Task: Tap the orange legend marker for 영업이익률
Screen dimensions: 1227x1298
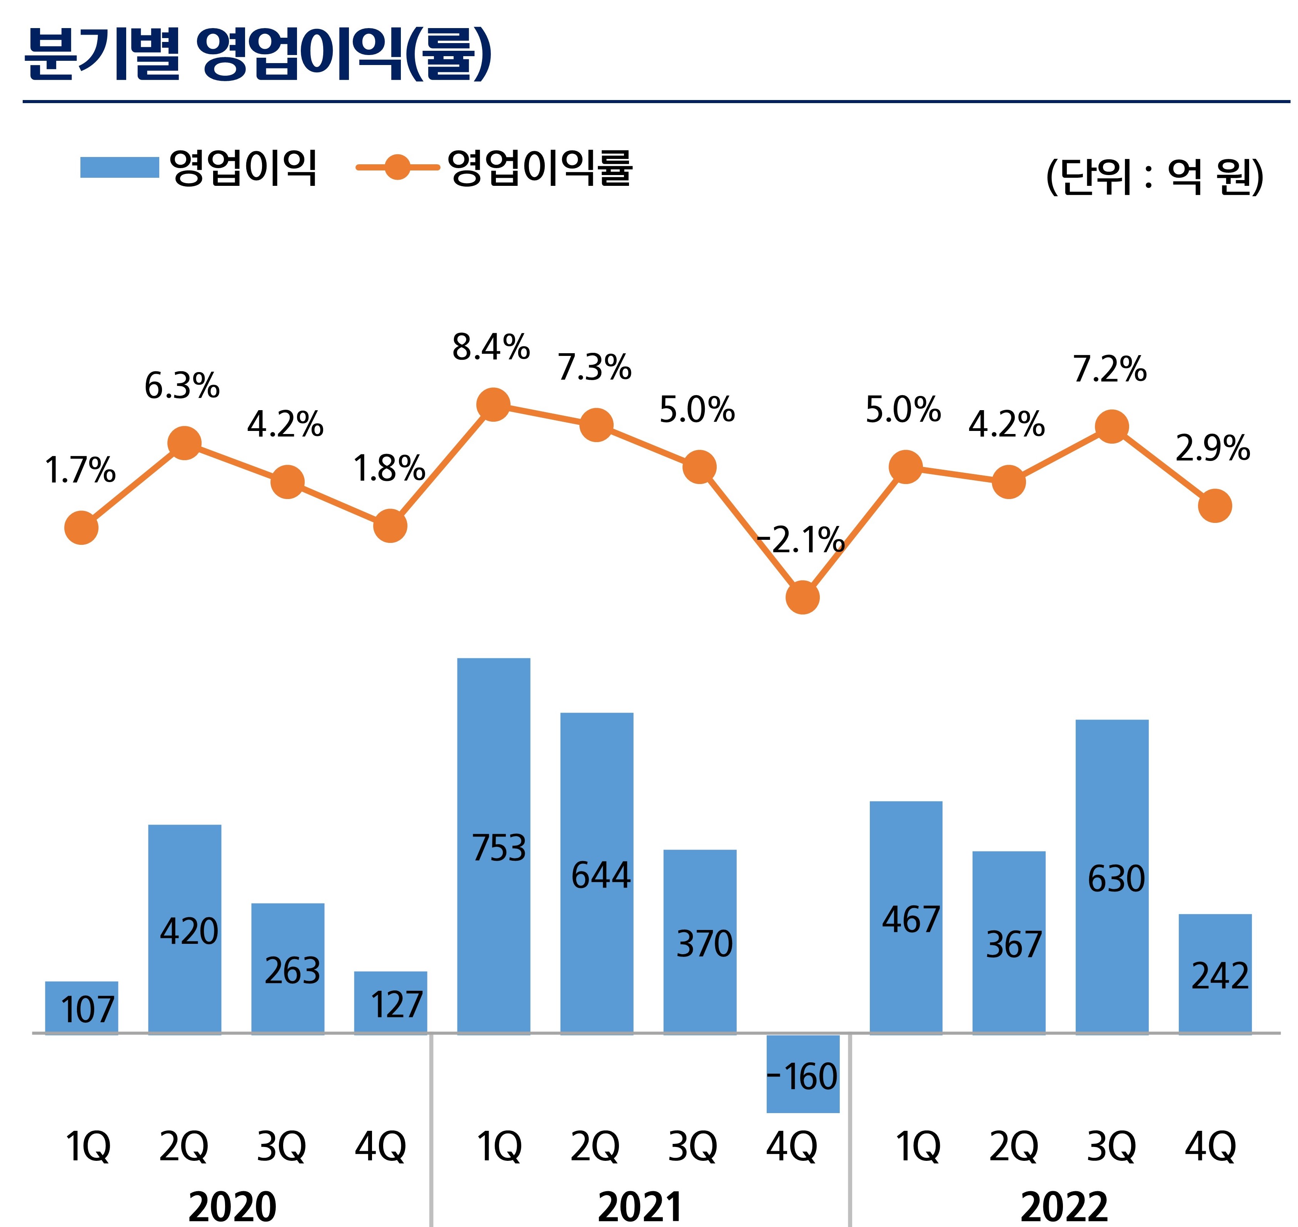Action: click(x=397, y=167)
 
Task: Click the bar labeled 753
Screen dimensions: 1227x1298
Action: click(x=494, y=846)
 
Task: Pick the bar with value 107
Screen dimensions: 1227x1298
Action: click(x=82, y=1007)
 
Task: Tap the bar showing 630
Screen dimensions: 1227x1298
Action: click(x=1112, y=876)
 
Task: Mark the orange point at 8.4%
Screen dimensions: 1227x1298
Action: click(x=494, y=404)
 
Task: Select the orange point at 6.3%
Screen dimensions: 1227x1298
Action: click(x=184, y=443)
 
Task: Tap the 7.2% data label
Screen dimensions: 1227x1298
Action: click(x=1109, y=369)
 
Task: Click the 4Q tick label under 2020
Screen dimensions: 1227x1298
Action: click(x=380, y=1147)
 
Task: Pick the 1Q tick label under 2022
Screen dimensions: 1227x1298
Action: click(x=918, y=1147)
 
